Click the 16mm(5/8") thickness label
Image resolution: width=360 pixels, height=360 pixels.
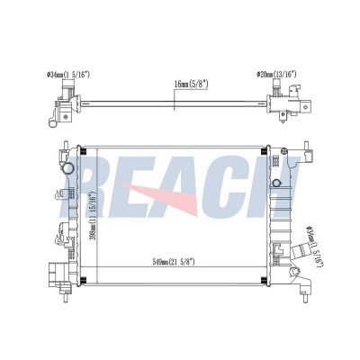(x=191, y=85)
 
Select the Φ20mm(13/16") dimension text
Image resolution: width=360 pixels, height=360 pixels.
(x=276, y=74)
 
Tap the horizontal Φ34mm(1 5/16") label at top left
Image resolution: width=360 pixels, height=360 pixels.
(x=68, y=75)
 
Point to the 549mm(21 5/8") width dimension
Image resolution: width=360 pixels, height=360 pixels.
(x=174, y=262)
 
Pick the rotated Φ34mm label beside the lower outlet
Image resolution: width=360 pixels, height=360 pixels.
(x=314, y=246)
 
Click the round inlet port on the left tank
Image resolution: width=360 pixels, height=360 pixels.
(x=68, y=167)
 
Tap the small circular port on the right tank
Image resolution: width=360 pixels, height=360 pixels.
(x=276, y=183)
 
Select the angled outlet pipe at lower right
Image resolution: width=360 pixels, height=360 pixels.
(x=301, y=251)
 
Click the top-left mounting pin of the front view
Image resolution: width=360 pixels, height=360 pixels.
(x=66, y=146)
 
